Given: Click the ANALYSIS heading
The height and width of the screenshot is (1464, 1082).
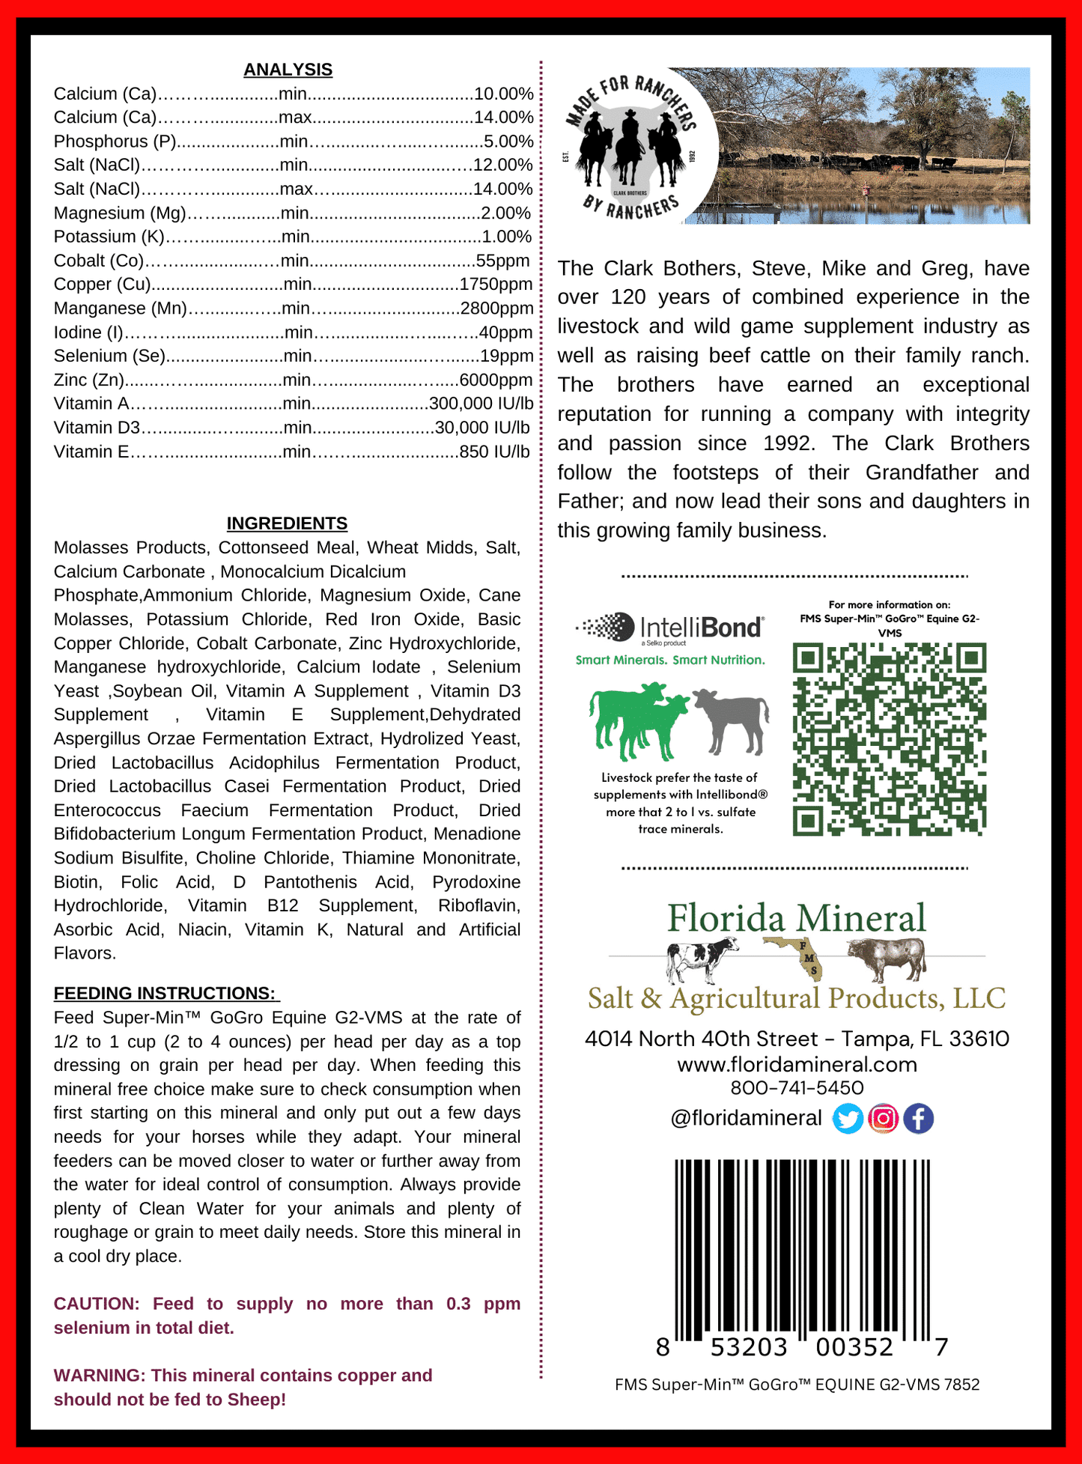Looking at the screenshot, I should point(288,70).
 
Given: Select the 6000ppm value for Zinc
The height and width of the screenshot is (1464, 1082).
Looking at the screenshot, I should point(496,380).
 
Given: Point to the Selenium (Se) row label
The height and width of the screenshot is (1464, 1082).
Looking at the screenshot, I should point(110,356).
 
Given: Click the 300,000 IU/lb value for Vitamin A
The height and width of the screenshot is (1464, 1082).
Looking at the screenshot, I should point(481,404).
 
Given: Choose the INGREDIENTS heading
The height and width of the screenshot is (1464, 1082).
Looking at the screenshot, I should point(287,523).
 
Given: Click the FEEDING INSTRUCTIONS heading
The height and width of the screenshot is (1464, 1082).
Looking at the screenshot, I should point(165,993).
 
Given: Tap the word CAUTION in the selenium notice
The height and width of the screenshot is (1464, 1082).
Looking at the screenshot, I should point(96,1304).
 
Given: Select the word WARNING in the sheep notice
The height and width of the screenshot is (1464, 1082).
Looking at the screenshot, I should point(98,1376).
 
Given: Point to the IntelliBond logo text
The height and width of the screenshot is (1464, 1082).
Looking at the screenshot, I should point(701,627).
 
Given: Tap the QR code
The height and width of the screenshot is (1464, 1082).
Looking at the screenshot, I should point(890,738).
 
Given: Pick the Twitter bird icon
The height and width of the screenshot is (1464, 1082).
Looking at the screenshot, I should point(848,1119).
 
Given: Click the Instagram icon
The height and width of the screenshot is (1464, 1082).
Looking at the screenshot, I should point(883,1119).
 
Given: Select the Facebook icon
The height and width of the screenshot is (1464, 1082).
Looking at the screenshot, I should point(918,1119).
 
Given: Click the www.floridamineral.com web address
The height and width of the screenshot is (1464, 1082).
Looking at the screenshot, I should point(797,1064).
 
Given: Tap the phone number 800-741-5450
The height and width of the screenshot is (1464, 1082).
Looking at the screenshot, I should point(797,1088).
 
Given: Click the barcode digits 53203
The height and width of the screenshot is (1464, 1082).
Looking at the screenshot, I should point(749,1348).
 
